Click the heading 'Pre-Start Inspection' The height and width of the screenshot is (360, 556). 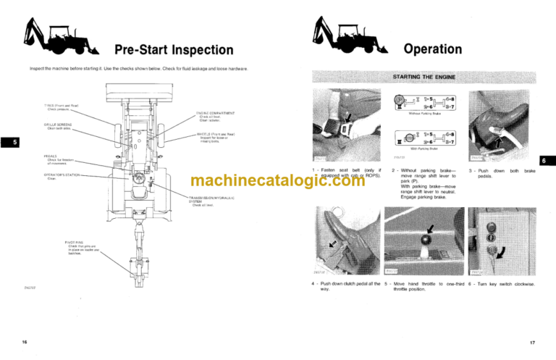(x=174, y=50)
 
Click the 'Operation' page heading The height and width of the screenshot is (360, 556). (x=432, y=49)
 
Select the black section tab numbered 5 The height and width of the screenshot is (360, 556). (x=7, y=143)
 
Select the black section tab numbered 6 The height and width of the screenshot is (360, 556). (x=548, y=161)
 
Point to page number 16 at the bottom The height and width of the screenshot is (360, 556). (x=25, y=341)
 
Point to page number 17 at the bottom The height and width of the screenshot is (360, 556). (x=532, y=341)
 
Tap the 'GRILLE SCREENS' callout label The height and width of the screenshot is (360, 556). (x=58, y=125)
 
